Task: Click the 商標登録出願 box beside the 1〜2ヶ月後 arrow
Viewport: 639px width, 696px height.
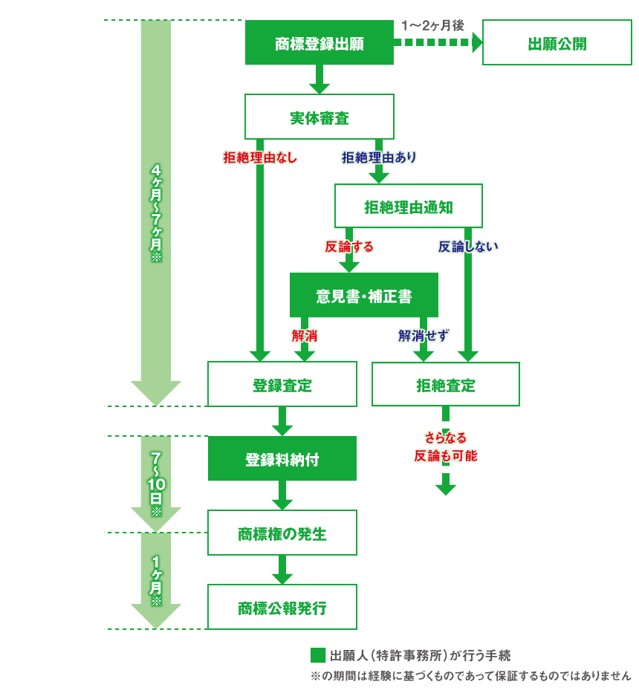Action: (x=319, y=43)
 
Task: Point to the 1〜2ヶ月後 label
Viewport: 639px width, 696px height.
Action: (x=432, y=25)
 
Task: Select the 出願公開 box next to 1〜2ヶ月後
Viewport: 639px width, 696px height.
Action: (x=557, y=43)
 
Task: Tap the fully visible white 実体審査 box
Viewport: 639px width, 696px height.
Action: (x=319, y=117)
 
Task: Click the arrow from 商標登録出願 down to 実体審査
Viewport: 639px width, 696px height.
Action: (x=319, y=79)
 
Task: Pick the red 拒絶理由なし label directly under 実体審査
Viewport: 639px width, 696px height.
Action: (x=260, y=157)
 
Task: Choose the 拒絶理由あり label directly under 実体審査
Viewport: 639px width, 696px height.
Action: (x=379, y=157)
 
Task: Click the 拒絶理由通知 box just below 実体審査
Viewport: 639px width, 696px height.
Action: (x=409, y=206)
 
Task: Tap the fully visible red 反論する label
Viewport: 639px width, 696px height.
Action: (x=349, y=247)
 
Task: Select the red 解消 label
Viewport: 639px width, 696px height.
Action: (x=305, y=336)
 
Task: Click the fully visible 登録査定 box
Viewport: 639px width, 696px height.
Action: (x=282, y=385)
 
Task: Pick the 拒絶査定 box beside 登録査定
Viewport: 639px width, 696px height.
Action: (x=446, y=385)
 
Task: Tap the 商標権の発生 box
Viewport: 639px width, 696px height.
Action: (x=282, y=533)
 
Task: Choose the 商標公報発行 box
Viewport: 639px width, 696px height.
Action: (x=282, y=608)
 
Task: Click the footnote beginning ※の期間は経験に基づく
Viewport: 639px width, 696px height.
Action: (x=470, y=676)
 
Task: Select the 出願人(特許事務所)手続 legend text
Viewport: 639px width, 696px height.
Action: (x=421, y=656)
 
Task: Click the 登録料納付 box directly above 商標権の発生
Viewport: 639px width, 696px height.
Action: (x=282, y=459)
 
